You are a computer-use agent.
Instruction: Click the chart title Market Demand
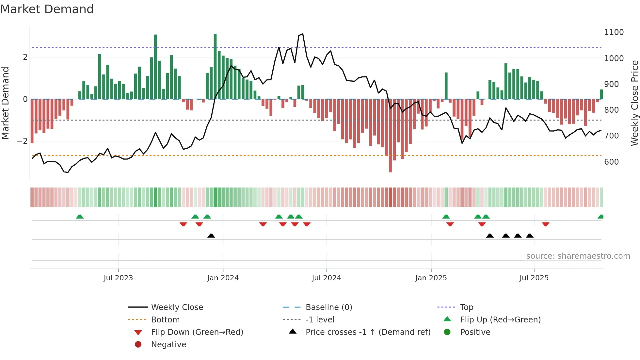[47, 9]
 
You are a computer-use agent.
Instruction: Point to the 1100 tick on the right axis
[614, 32]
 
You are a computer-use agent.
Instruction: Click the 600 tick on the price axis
[611, 162]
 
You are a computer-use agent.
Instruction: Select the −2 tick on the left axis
[22, 141]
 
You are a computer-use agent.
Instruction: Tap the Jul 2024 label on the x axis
[326, 278]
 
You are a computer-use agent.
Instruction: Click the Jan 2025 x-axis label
[431, 278]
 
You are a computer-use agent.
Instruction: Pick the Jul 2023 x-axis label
[118, 278]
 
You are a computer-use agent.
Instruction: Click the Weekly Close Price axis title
[634, 103]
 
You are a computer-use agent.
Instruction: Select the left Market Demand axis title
[5, 103]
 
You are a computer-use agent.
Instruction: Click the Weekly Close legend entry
[177, 307]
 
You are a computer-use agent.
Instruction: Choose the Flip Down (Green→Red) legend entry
[197, 332]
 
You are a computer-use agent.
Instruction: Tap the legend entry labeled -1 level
[320, 320]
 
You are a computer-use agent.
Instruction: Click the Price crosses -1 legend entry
[368, 332]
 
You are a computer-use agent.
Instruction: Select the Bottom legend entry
[165, 320]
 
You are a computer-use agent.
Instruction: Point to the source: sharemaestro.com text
[578, 256]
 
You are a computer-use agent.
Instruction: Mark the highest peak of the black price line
[303, 34]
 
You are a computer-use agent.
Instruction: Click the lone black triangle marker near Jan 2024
[211, 236]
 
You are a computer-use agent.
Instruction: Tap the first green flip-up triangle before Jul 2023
[80, 217]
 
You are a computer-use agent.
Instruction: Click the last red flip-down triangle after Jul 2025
[545, 224]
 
